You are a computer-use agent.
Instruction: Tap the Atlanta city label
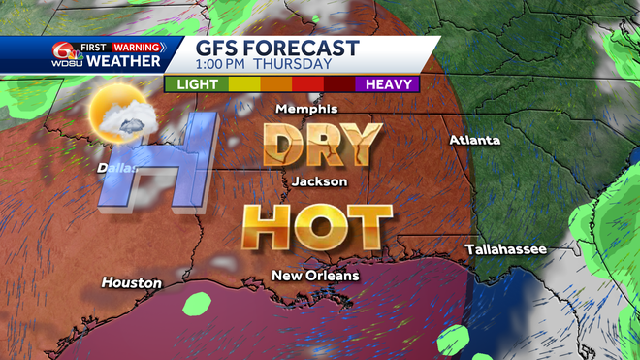[474, 141]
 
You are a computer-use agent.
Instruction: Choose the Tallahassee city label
[505, 249]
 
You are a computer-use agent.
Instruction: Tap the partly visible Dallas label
[113, 167]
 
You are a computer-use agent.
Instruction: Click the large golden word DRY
[322, 146]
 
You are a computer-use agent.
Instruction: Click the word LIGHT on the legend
[196, 84]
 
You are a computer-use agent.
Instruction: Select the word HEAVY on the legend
[388, 84]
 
